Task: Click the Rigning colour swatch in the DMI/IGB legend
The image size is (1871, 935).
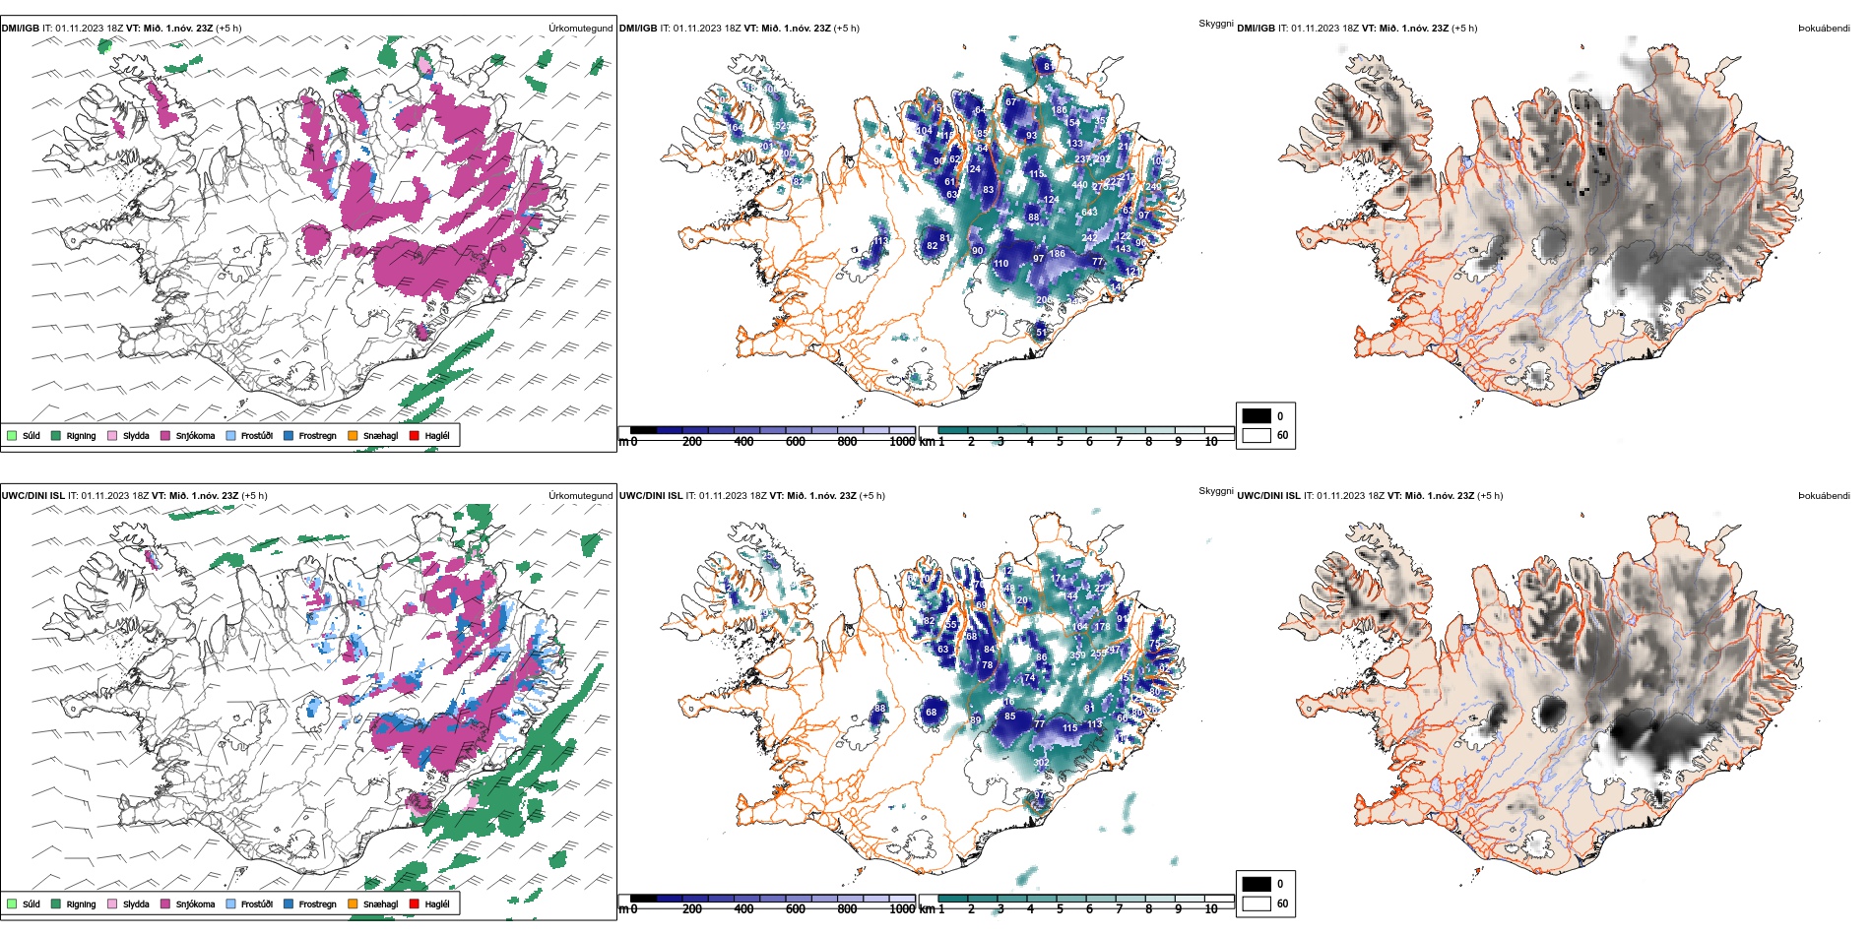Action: pyautogui.click(x=57, y=435)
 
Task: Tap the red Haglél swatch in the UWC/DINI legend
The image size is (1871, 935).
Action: pyautogui.click(x=415, y=904)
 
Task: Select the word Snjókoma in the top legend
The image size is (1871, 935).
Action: pyautogui.click(x=195, y=436)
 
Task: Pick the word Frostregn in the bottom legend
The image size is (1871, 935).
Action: pyautogui.click(x=317, y=904)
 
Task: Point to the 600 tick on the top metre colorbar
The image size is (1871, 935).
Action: pyautogui.click(x=796, y=442)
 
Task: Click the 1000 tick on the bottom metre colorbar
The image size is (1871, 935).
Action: pyautogui.click(x=902, y=909)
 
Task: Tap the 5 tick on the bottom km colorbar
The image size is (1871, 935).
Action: pyautogui.click(x=1060, y=909)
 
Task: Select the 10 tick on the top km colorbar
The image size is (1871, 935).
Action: pyautogui.click(x=1211, y=442)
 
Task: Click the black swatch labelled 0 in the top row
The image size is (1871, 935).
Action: pyautogui.click(x=1257, y=416)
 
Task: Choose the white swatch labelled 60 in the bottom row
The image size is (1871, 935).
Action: pyautogui.click(x=1257, y=904)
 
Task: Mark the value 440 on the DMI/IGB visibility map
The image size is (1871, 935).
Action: pyautogui.click(x=1080, y=184)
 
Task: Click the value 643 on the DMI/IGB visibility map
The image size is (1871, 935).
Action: pyautogui.click(x=1089, y=213)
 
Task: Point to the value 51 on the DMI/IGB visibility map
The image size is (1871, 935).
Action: pyautogui.click(x=1042, y=333)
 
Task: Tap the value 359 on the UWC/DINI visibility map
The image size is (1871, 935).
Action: pyautogui.click(x=1077, y=655)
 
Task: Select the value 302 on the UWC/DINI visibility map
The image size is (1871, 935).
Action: pyautogui.click(x=1041, y=763)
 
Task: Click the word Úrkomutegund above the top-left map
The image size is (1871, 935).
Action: pyautogui.click(x=580, y=29)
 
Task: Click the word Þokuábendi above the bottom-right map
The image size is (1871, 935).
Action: pyautogui.click(x=1824, y=496)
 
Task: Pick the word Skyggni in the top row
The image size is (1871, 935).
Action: pyautogui.click(x=1216, y=24)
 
